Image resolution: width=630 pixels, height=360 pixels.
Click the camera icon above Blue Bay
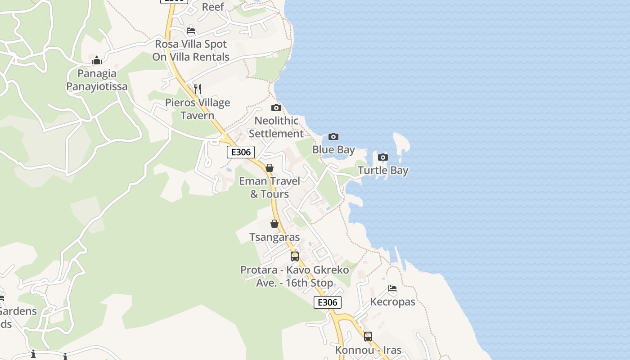(x=333, y=137)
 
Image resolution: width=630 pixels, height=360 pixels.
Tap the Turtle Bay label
(x=383, y=171)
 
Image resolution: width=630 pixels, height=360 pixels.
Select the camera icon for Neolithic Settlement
(x=276, y=108)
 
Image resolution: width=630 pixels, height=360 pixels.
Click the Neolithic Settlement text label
(x=276, y=127)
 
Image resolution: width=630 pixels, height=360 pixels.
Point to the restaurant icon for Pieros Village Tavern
(x=198, y=89)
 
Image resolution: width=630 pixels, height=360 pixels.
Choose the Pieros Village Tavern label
(x=198, y=109)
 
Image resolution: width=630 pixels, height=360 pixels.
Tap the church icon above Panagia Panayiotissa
(x=97, y=60)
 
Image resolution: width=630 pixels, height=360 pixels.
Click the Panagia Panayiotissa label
(x=97, y=80)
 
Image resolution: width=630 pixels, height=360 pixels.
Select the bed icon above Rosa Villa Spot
(x=191, y=31)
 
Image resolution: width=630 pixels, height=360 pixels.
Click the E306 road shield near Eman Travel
(x=241, y=152)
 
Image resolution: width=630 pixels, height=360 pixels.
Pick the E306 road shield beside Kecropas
(x=328, y=302)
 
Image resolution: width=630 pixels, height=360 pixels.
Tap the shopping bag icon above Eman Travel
(x=270, y=168)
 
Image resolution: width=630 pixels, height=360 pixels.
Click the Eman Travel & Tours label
(x=270, y=188)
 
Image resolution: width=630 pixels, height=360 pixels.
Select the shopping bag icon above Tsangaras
(x=274, y=224)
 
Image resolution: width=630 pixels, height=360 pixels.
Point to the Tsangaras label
(x=274, y=237)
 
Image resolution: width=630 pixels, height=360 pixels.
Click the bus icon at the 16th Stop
(x=295, y=256)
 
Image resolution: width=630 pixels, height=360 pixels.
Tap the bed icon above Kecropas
(x=392, y=288)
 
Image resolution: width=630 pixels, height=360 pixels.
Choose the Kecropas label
(x=392, y=302)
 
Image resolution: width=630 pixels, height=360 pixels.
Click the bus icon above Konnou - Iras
(x=368, y=336)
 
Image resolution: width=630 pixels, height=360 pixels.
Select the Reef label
(x=213, y=7)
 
